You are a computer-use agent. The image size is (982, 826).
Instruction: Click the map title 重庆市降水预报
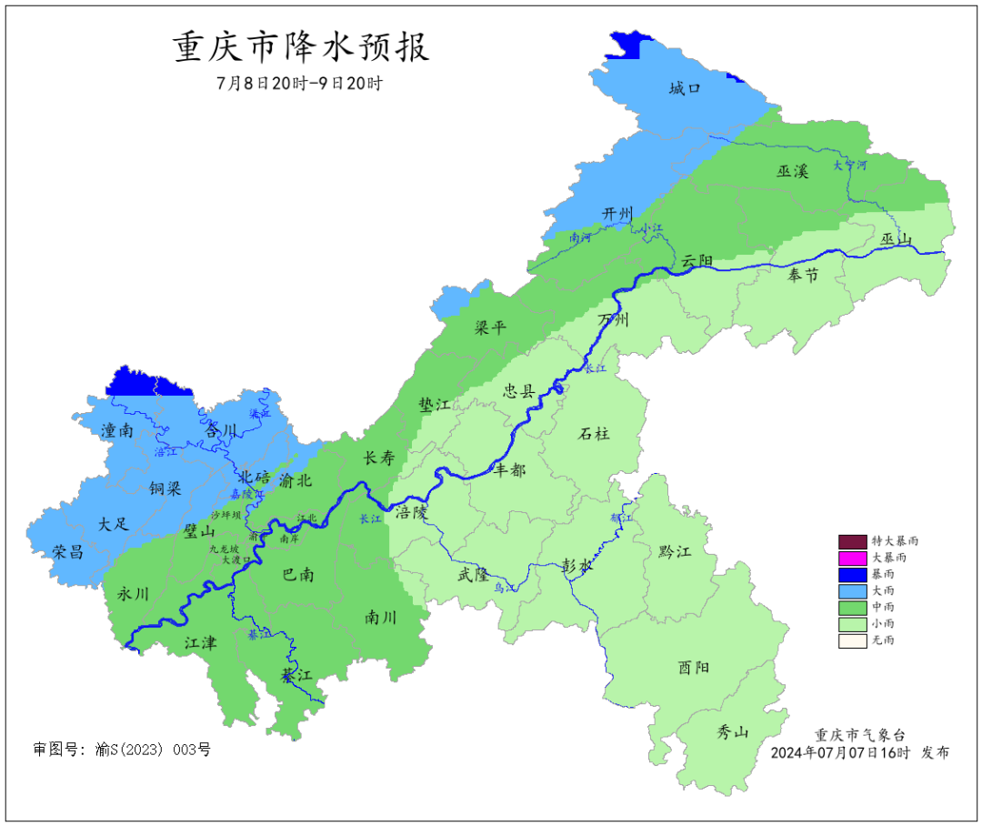click(x=301, y=47)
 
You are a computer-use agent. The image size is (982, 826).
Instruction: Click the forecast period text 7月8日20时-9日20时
click(x=300, y=83)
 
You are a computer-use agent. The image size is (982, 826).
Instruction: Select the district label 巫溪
click(x=793, y=171)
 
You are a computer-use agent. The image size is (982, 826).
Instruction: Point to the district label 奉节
click(x=803, y=275)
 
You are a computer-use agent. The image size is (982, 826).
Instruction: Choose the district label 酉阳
click(x=694, y=668)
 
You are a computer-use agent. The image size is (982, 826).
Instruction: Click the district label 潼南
click(x=117, y=431)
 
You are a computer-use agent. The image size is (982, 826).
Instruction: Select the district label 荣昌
click(x=67, y=551)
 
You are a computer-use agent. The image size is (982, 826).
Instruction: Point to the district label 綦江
click(x=296, y=676)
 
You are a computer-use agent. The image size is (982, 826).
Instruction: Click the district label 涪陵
click(x=411, y=513)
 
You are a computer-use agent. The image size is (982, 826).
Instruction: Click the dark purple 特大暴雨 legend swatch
click(x=853, y=541)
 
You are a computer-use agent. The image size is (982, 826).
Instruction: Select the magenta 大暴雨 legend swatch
click(x=853, y=558)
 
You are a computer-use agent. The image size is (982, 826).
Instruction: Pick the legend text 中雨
click(x=882, y=607)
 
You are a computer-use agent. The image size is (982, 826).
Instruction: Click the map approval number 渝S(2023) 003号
click(x=152, y=750)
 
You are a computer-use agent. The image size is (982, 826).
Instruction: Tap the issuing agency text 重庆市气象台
click(x=859, y=735)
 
